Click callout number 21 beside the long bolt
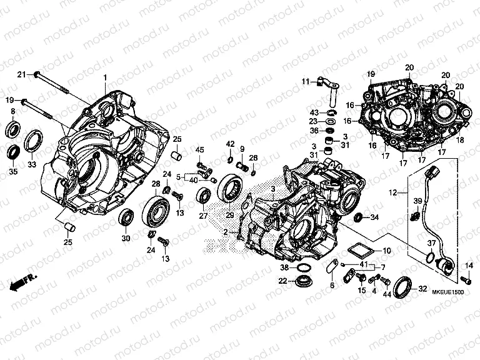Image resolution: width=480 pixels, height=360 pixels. (20, 75)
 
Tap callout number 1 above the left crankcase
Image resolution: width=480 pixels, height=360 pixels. (106, 77)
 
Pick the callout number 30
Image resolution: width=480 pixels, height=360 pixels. (125, 238)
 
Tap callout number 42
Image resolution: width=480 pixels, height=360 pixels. (230, 145)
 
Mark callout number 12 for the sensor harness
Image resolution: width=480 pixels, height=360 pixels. (393, 194)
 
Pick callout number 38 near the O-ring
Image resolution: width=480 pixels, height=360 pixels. (284, 267)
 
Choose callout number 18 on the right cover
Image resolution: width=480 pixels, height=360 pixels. (461, 142)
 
